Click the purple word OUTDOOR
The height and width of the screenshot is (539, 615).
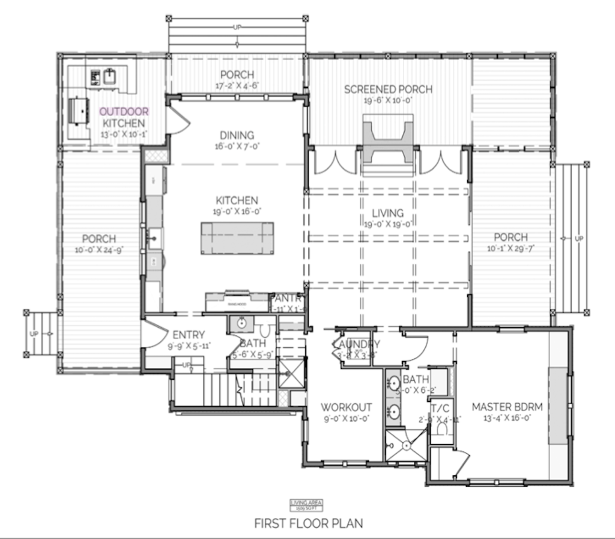pos(124,111)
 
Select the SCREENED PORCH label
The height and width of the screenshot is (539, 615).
pos(388,90)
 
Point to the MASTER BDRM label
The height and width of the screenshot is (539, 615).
pos(507,407)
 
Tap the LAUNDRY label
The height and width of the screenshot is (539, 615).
pos(356,344)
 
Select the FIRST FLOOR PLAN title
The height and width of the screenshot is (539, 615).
pos(308,523)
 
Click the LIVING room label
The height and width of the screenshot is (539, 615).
pos(387,213)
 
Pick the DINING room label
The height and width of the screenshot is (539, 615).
pos(237,135)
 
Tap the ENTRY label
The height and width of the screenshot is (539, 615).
pos(189,335)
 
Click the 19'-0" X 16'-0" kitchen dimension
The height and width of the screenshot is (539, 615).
pos(237,212)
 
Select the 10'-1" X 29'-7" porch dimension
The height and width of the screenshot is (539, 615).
pos(510,248)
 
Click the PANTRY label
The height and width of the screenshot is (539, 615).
pos(288,299)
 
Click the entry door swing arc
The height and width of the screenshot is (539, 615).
pos(154,334)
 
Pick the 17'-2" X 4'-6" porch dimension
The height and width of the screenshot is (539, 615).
pos(237,85)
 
